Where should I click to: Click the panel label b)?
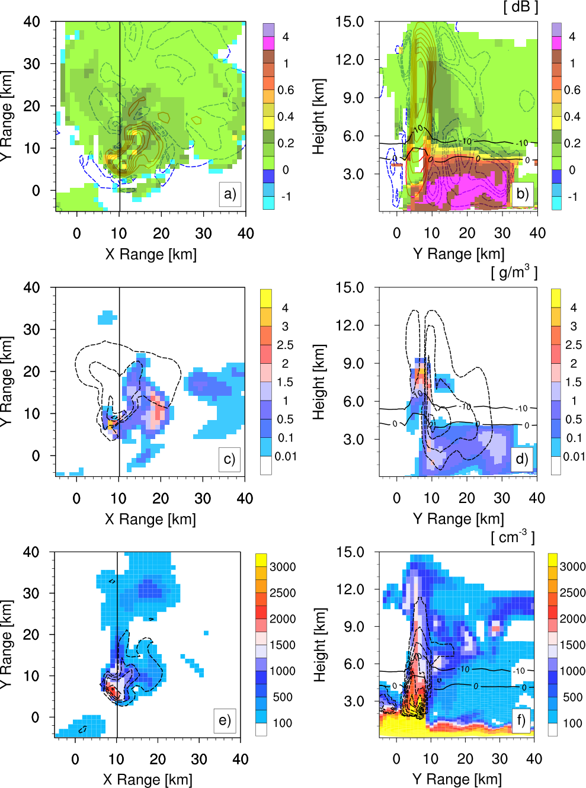tap(522, 194)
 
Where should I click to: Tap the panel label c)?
tap(229, 459)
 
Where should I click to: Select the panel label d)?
tap(521, 459)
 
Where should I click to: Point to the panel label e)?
tap(225, 720)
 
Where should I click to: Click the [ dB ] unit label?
tap(520, 7)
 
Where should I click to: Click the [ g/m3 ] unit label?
tap(514, 272)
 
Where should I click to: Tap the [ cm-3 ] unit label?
tap(513, 537)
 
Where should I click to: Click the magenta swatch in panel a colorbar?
tap(268, 43)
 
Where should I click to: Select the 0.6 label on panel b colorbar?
tap(572, 90)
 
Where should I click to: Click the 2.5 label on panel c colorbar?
tap(285, 345)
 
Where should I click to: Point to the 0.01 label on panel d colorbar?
tap(574, 456)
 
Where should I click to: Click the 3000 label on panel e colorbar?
tap(283, 566)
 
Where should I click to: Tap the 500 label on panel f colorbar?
tap(572, 697)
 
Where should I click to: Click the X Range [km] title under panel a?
tap(150, 254)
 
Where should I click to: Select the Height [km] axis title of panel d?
tap(319, 382)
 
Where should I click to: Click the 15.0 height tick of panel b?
tap(350, 22)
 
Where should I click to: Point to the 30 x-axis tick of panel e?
tap(199, 760)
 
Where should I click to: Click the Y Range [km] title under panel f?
tap(457, 779)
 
